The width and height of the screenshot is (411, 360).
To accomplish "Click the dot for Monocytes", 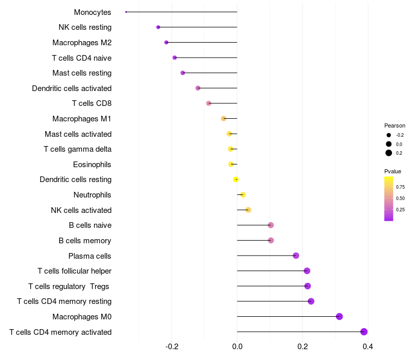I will click(x=126, y=12).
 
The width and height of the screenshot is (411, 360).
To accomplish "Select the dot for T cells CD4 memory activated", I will click(x=364, y=332).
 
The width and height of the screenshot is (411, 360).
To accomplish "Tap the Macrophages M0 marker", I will click(x=339, y=316).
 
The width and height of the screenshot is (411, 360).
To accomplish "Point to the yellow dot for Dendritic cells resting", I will click(x=236, y=179).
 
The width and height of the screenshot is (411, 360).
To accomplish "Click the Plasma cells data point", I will click(x=296, y=256).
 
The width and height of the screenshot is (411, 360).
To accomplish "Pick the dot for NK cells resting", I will click(x=158, y=27).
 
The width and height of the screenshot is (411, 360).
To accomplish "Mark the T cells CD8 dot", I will click(x=209, y=103).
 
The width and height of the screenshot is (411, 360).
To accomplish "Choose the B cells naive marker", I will click(x=271, y=225).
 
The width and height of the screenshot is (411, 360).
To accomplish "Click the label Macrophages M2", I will click(x=82, y=43).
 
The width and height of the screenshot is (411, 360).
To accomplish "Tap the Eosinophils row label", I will click(x=92, y=165).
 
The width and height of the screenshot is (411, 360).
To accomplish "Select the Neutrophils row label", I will click(x=92, y=195).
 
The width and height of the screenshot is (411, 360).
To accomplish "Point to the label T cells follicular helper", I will click(x=74, y=271).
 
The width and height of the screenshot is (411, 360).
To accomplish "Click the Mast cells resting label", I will click(x=82, y=73).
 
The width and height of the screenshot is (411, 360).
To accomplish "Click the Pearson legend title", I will click(x=395, y=125).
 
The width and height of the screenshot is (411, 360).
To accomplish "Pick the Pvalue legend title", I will click(x=393, y=171).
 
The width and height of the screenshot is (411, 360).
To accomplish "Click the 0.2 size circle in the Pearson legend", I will click(x=389, y=153).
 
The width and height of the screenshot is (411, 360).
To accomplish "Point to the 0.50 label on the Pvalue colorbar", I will click(x=400, y=198).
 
